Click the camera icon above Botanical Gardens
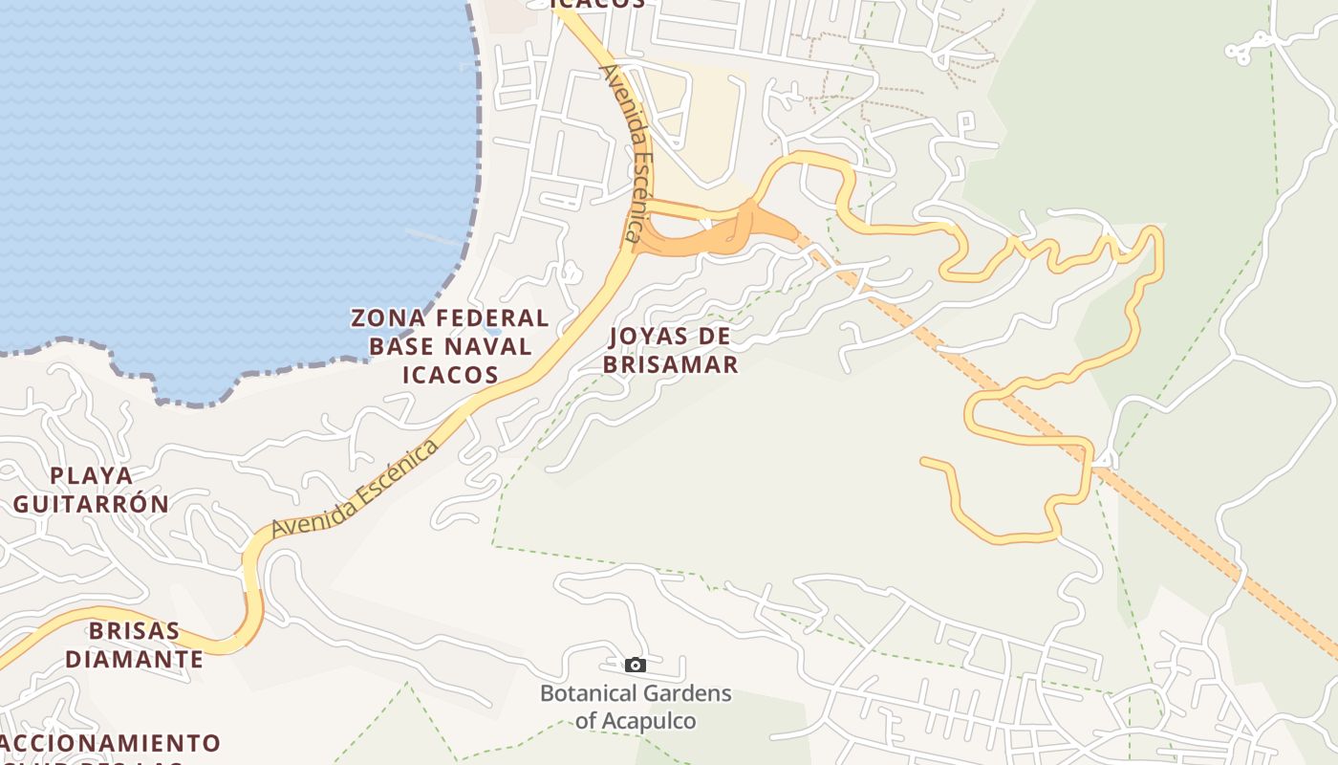tap(636, 665)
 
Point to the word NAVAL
tap(487, 346)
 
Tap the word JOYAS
tap(656, 337)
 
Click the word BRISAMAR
tap(670, 364)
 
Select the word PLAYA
tap(92, 475)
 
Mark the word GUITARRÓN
tap(92, 503)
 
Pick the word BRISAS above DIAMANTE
tap(135, 631)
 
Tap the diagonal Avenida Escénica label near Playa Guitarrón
tap(356, 488)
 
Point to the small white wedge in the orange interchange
tap(706, 224)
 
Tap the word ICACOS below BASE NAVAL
tap(450, 374)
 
